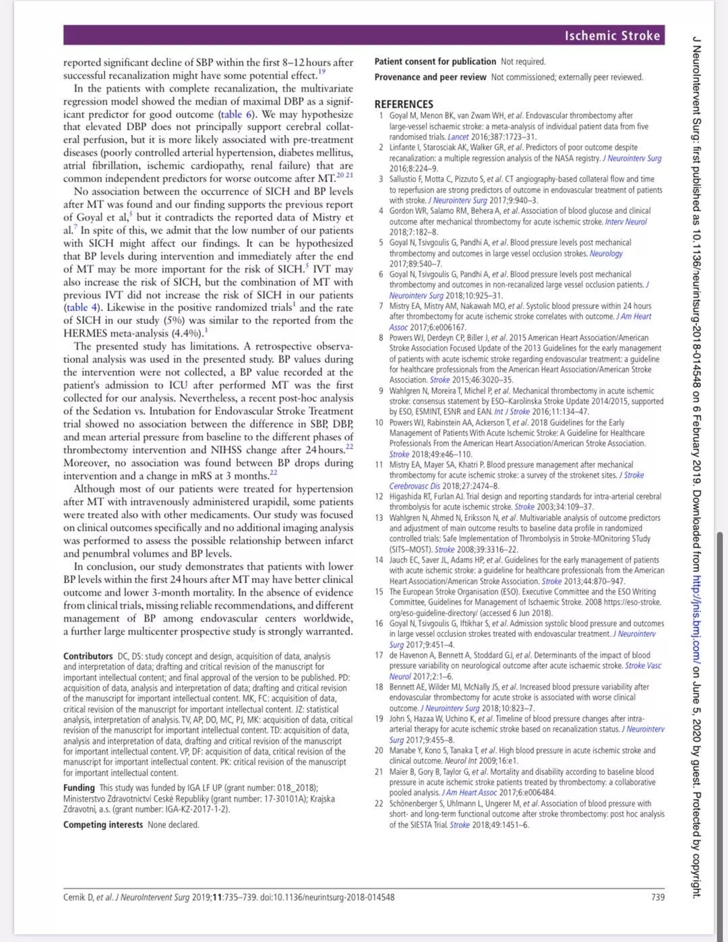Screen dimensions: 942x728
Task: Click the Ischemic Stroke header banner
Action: (612, 36)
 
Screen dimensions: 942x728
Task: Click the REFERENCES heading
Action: (404, 104)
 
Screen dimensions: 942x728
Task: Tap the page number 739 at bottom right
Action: (658, 897)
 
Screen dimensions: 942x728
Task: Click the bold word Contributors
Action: (88, 656)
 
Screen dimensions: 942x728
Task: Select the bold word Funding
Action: (79, 787)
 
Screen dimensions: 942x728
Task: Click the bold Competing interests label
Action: (103, 825)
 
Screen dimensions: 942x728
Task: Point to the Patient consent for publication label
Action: (435, 61)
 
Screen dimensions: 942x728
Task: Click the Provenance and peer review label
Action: (430, 77)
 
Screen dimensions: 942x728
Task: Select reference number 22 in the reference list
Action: (379, 804)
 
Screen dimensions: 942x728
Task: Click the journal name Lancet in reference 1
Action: (458, 137)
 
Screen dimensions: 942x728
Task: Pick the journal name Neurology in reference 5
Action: (606, 253)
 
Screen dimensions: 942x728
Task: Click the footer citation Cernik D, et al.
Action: (88, 897)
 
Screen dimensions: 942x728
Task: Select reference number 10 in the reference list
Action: (379, 422)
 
